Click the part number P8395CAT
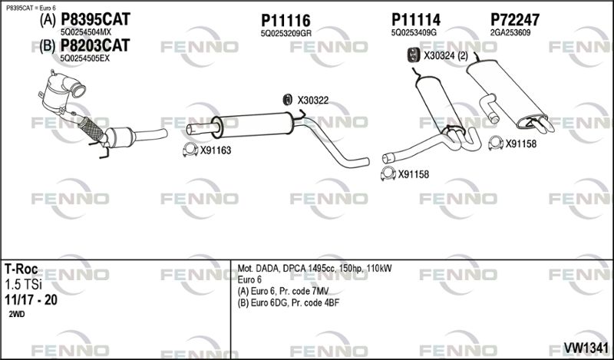click(x=95, y=18)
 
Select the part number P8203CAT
click(x=94, y=45)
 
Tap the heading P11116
click(x=286, y=21)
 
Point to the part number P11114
click(x=415, y=20)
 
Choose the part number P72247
click(x=515, y=20)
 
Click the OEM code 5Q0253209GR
click(x=286, y=34)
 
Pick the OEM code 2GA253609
click(x=510, y=33)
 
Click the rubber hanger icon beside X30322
click(x=287, y=100)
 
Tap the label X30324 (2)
click(x=446, y=56)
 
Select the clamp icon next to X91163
click(x=190, y=150)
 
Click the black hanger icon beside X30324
click(x=413, y=55)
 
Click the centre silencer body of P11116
click(x=254, y=124)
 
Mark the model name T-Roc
click(x=21, y=269)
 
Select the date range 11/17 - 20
click(x=31, y=300)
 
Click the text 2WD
click(x=16, y=315)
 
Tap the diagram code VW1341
click(x=586, y=348)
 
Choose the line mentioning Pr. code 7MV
click(x=283, y=291)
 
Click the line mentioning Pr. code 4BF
click(x=289, y=302)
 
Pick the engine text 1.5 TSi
click(x=23, y=285)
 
